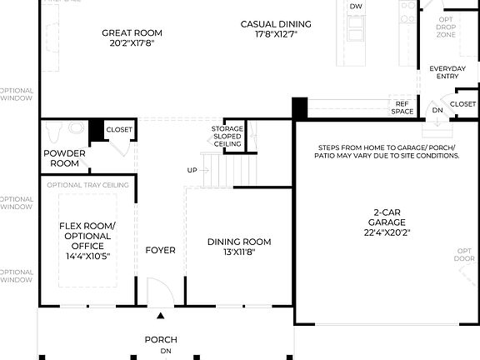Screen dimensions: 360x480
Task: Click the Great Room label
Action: (x=132, y=33)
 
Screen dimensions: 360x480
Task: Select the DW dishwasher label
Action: (x=356, y=7)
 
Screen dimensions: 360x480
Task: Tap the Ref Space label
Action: (x=402, y=107)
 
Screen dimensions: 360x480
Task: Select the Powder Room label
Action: (x=65, y=158)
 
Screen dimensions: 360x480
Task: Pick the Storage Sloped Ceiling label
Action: (x=227, y=137)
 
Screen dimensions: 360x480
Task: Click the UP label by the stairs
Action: (x=192, y=170)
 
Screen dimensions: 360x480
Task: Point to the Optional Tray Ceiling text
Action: (x=87, y=185)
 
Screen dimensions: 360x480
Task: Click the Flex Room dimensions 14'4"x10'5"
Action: (x=87, y=256)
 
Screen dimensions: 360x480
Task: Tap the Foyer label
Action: (x=160, y=250)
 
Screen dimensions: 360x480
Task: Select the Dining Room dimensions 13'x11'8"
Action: (x=239, y=252)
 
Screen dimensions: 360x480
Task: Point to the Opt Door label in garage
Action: (x=463, y=254)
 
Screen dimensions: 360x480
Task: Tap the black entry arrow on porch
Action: (x=161, y=316)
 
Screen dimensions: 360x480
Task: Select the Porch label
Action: (x=161, y=339)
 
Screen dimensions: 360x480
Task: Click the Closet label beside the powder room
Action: (x=119, y=130)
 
